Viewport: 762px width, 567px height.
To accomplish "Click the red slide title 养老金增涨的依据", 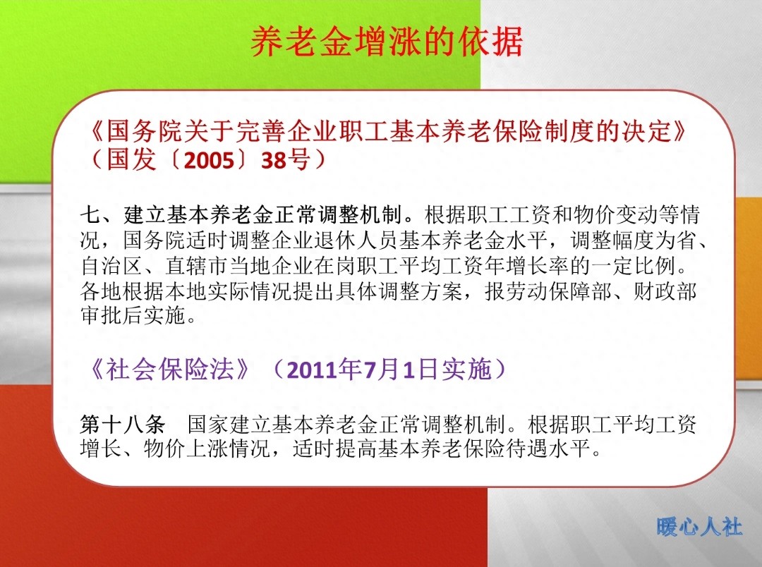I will pyautogui.click(x=387, y=43).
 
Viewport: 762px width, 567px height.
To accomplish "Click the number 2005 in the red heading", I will pyautogui.click(x=209, y=161).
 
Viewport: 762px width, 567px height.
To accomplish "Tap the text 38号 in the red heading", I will pyautogui.click(x=285, y=161).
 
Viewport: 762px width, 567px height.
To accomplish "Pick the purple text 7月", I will pyautogui.click(x=381, y=370).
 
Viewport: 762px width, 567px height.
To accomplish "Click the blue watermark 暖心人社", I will pyautogui.click(x=698, y=527).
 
